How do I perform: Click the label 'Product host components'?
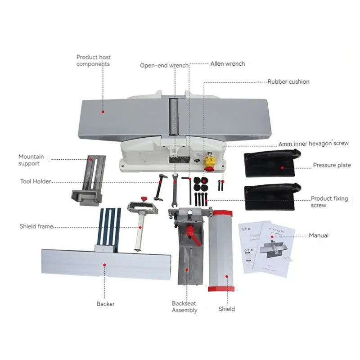click(x=93, y=60)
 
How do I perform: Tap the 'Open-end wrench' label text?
click(x=164, y=65)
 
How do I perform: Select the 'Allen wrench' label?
click(x=228, y=64)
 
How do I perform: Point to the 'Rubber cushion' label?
click(x=288, y=81)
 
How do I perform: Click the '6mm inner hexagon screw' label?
click(x=314, y=143)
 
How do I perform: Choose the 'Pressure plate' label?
click(x=332, y=165)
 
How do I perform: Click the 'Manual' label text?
click(x=319, y=235)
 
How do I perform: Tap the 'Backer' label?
click(x=105, y=304)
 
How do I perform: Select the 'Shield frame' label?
click(x=36, y=226)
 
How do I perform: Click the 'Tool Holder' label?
click(x=36, y=181)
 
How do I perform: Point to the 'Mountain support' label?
click(x=31, y=160)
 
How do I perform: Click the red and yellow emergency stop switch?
click(x=209, y=162)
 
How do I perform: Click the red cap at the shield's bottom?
click(x=221, y=288)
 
